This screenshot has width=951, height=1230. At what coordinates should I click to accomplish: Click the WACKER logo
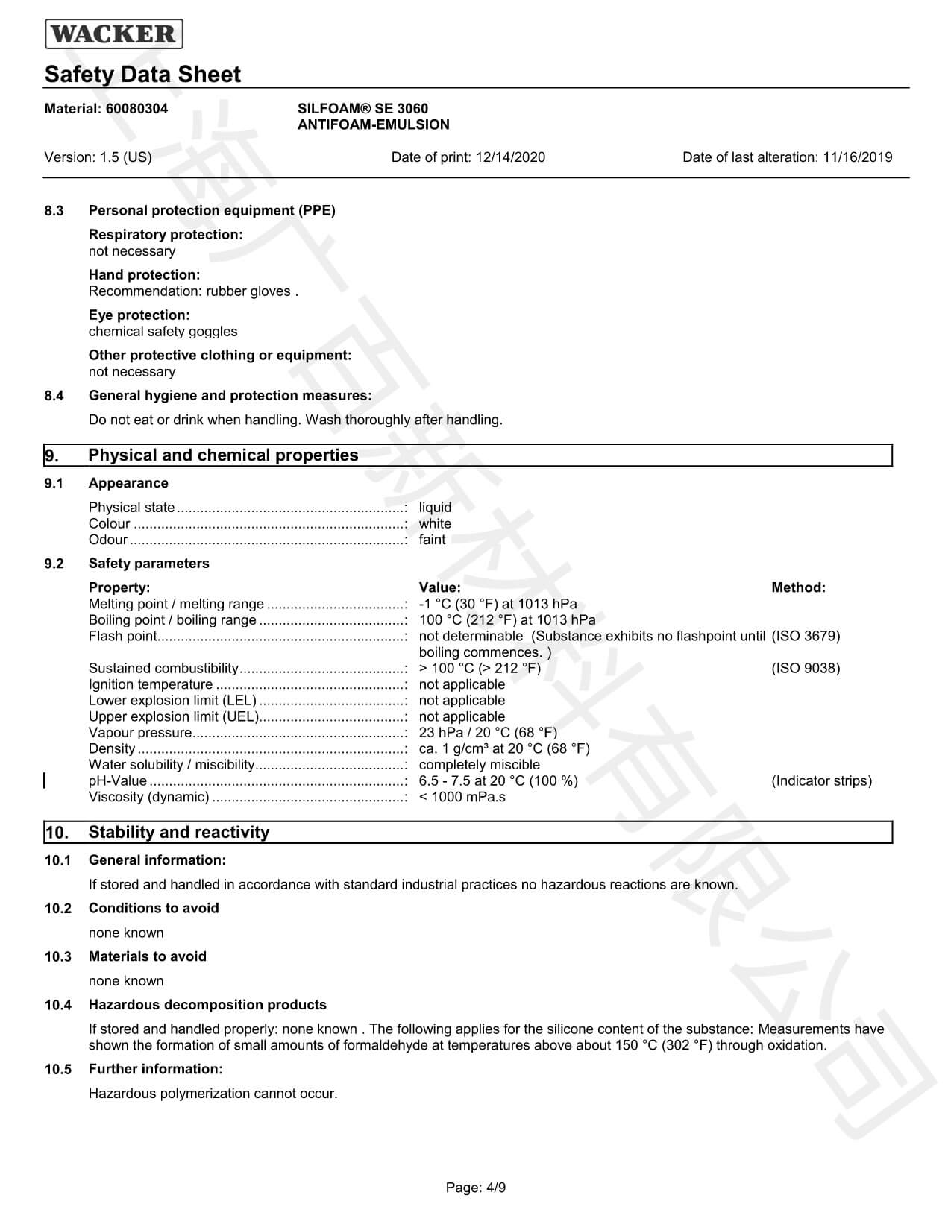(x=113, y=34)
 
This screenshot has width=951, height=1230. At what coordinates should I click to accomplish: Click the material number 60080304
(x=136, y=109)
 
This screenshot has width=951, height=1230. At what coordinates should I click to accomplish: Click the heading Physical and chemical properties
(x=223, y=455)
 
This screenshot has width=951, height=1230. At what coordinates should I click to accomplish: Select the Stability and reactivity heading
(x=178, y=833)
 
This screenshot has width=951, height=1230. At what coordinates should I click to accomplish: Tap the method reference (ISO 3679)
(x=806, y=637)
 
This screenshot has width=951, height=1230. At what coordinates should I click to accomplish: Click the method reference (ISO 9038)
(x=806, y=669)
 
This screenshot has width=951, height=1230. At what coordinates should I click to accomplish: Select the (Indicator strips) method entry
(x=821, y=781)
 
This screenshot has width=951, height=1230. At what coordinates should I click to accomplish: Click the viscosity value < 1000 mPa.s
(x=462, y=798)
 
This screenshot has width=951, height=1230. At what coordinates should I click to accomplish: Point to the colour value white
(x=435, y=524)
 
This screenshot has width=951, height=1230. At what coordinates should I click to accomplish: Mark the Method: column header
(x=798, y=588)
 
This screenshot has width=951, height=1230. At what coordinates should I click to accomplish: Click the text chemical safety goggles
(x=163, y=332)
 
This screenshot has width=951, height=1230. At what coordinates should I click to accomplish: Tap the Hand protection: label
(x=144, y=275)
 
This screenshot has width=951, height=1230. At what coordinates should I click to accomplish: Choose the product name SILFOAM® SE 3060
(x=362, y=109)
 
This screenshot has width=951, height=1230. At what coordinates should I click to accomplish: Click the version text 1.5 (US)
(x=125, y=157)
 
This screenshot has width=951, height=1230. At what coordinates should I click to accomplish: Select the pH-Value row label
(x=117, y=781)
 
